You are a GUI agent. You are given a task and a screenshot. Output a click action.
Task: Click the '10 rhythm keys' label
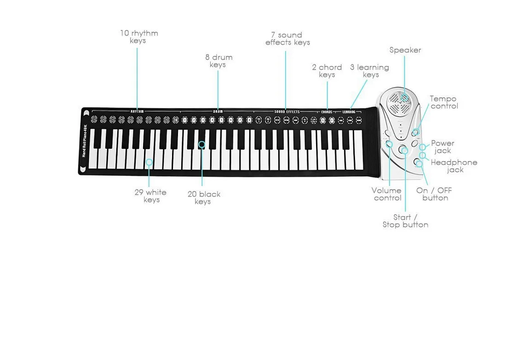point(139,37)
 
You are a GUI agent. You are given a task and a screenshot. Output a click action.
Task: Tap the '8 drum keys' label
point(218,61)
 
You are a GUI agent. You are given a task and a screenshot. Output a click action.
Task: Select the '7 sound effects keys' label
point(288,39)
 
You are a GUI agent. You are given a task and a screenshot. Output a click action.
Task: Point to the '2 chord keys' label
point(327,71)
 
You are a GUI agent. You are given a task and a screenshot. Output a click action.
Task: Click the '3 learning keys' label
point(370,71)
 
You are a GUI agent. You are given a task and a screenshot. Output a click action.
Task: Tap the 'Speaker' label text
point(405,50)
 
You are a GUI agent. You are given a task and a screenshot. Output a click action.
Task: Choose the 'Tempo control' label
point(443,102)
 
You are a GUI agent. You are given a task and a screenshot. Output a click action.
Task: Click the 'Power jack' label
point(442,147)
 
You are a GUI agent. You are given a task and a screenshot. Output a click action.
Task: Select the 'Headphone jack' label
point(454,166)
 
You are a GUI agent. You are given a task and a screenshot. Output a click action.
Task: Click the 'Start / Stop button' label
point(405,221)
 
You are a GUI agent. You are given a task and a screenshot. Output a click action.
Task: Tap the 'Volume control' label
point(387,194)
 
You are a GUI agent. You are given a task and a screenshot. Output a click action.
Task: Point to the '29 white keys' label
point(151,196)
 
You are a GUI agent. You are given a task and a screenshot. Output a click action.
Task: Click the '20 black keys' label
point(204,198)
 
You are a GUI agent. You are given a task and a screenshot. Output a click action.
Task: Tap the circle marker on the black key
point(201,145)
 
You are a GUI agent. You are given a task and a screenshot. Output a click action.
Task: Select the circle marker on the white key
point(149,162)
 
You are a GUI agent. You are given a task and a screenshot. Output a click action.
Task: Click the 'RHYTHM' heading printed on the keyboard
point(137,111)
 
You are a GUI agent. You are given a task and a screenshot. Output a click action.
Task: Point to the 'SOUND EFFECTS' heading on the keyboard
point(287,111)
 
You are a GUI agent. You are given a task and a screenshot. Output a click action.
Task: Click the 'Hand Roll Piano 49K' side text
point(84,140)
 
